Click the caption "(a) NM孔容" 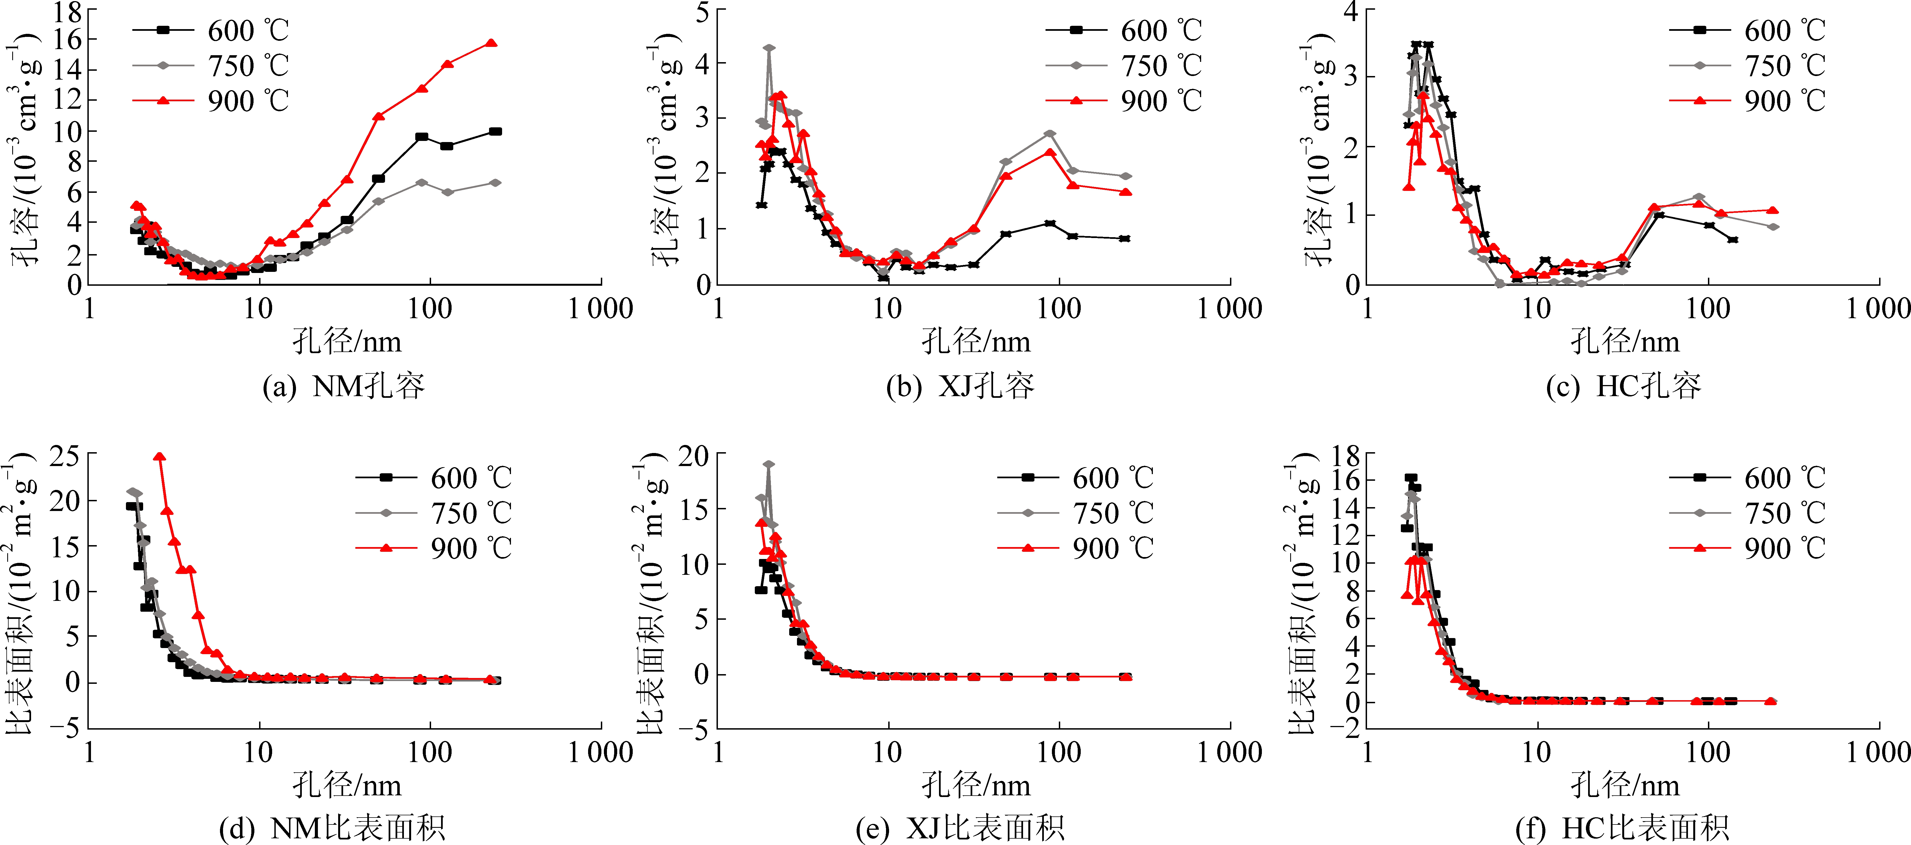343,386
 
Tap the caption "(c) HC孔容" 1623,386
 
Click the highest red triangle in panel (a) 490,43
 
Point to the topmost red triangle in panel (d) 159,457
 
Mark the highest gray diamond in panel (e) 769,464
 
